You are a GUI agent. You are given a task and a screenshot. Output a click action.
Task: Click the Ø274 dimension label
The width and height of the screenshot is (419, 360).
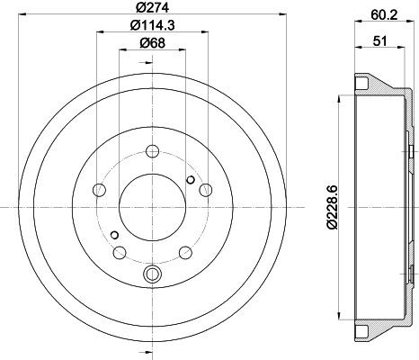tap(151, 10)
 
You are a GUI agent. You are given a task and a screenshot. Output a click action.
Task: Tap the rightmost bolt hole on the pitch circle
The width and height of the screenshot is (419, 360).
tap(206, 189)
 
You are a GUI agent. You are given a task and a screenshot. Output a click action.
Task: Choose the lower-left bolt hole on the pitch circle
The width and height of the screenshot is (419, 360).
tap(118, 252)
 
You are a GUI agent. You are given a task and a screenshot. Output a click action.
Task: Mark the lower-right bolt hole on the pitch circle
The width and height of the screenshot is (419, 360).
tap(184, 252)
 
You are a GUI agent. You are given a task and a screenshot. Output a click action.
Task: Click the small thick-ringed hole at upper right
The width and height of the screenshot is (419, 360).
tap(190, 180)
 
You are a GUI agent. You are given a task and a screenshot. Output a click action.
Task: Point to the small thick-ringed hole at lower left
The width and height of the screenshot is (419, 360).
tap(114, 235)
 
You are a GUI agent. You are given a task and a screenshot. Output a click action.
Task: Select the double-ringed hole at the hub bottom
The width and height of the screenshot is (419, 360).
tap(151, 273)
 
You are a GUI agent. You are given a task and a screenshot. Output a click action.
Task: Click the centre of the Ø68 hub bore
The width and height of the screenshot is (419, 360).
tap(151, 208)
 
